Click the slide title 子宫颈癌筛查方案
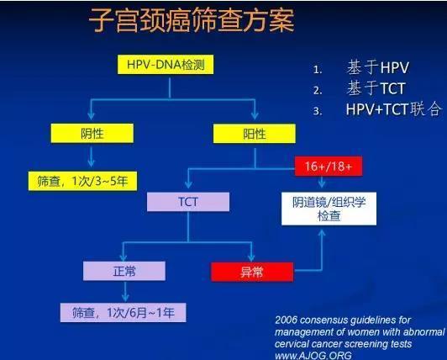pos(194,22)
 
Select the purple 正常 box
pos(124,270)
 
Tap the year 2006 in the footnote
pos(287,320)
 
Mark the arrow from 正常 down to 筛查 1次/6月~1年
pos(124,291)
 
